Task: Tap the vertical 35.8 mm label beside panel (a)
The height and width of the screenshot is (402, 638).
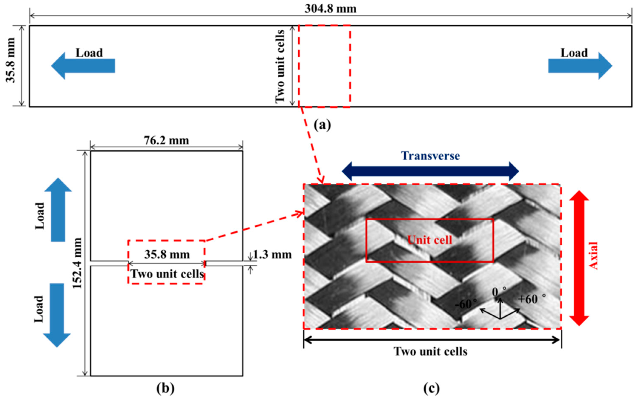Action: (x=11, y=61)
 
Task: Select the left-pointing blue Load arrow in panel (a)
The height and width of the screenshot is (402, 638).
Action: (x=83, y=66)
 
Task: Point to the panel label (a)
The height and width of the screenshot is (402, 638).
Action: (x=322, y=125)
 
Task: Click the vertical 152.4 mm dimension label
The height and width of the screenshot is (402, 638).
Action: (x=77, y=263)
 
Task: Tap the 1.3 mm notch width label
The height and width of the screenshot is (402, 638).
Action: (x=272, y=255)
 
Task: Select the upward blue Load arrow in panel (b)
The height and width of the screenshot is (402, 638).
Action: (x=58, y=210)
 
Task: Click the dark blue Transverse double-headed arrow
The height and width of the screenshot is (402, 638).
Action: (x=430, y=171)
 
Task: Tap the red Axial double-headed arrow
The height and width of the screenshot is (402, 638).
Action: (x=579, y=258)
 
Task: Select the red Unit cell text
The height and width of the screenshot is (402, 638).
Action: (x=430, y=240)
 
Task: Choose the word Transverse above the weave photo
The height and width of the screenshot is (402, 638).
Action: (x=430, y=156)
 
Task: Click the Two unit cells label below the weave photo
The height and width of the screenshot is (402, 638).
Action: (x=430, y=351)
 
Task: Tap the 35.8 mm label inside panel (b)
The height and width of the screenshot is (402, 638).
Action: (x=167, y=255)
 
